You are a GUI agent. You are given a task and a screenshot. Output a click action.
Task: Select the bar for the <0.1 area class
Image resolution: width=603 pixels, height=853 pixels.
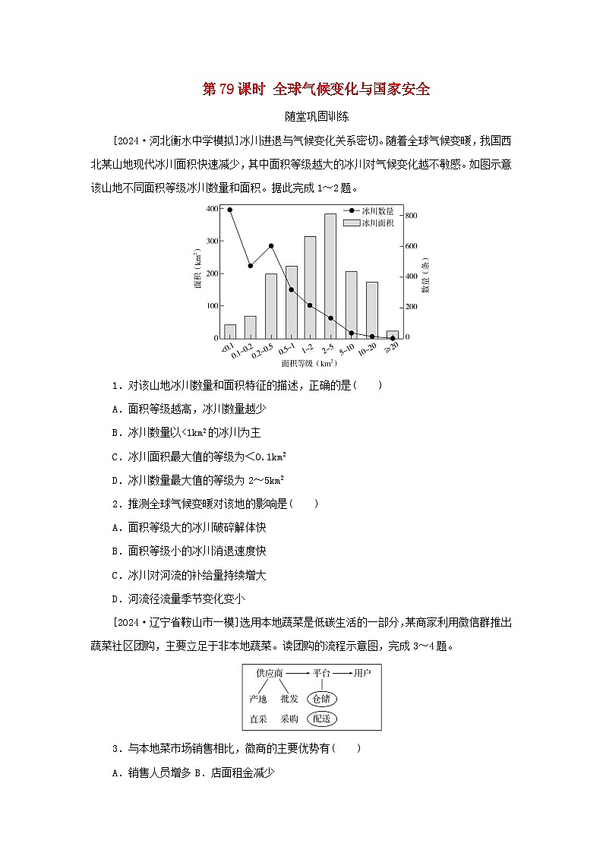pos(230,330)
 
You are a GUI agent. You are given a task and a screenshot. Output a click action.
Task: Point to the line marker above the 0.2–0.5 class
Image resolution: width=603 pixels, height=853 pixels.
pos(271,246)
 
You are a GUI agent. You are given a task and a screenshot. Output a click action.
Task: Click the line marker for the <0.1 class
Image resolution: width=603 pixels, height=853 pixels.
pos(230,210)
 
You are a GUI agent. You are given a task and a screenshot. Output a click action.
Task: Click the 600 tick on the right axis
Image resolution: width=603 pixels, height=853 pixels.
pos(410,246)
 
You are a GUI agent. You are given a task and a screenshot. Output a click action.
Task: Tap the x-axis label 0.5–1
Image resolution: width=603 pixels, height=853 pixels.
pos(289,349)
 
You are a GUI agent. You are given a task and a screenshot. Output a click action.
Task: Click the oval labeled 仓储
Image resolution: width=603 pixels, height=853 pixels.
pos(322,698)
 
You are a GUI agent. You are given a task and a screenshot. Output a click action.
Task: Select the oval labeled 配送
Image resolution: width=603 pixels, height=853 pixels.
pos(322,718)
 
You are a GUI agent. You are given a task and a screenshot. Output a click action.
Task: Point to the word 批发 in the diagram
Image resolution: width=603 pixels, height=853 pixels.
pos(289,698)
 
